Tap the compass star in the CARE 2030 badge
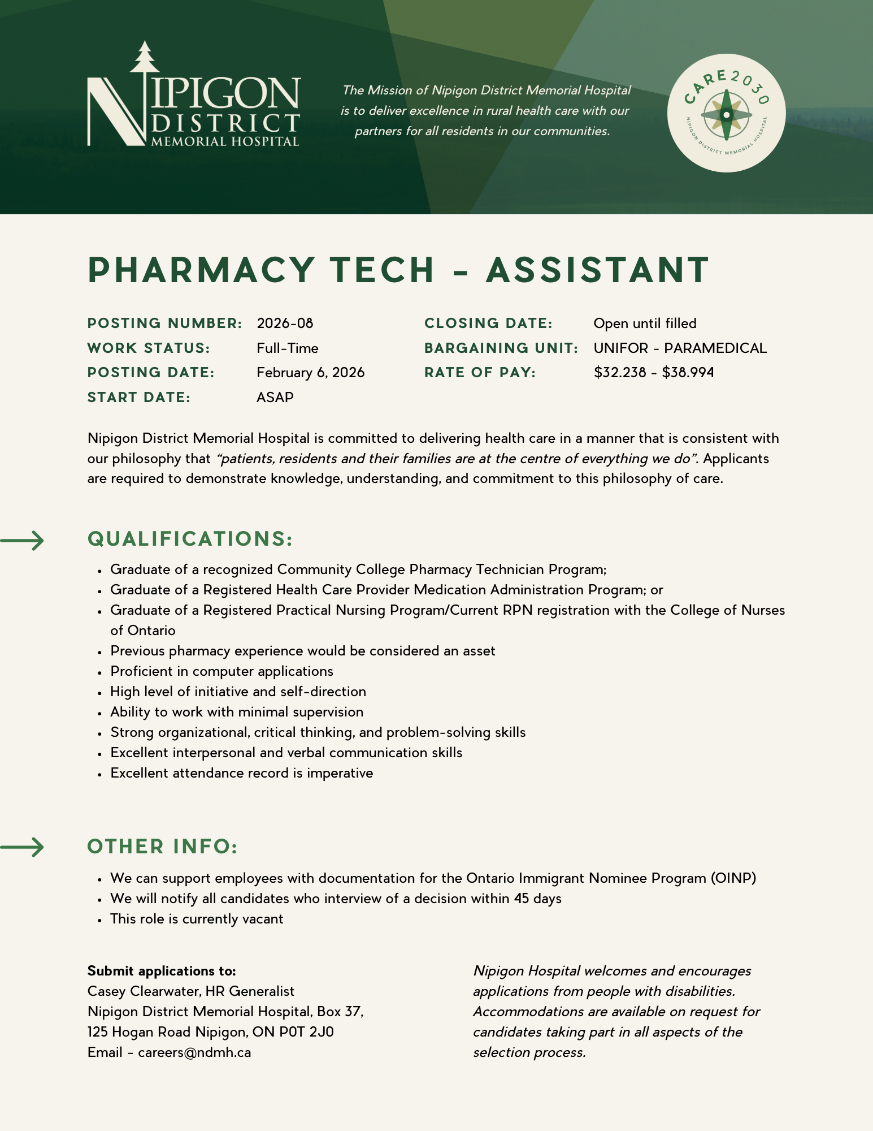click(726, 115)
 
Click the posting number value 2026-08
click(285, 323)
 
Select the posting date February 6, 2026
click(310, 373)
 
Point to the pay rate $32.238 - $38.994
click(654, 373)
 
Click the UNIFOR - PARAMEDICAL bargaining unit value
click(680, 348)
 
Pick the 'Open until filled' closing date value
click(645, 323)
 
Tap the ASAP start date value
click(275, 398)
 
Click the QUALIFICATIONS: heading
click(190, 539)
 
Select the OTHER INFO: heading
click(163, 847)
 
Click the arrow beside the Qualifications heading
click(23, 541)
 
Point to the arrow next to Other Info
click(23, 847)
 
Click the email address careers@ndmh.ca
click(194, 1052)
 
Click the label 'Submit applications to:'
click(162, 971)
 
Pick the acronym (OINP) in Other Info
click(733, 878)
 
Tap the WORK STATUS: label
click(149, 348)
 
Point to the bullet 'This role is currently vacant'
click(197, 919)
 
